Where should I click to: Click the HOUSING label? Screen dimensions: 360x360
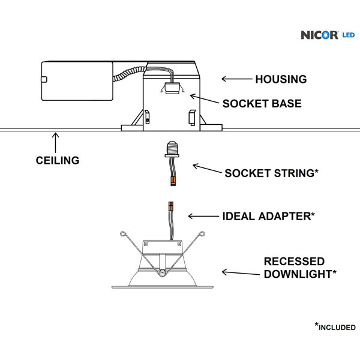coord(281,79)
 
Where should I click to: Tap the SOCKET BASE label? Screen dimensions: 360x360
coord(262,104)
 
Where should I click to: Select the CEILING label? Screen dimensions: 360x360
coord(58,160)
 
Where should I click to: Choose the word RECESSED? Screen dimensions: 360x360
coord(294,262)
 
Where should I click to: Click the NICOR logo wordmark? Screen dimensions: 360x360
coord(319,35)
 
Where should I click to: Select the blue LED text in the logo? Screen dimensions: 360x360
coord(349,35)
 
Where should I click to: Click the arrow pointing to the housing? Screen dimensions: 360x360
coord(237,79)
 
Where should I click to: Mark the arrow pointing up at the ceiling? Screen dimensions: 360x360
coord(55,142)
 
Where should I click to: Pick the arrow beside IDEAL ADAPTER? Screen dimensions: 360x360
coord(203,216)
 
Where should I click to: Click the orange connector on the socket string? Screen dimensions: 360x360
coord(173,181)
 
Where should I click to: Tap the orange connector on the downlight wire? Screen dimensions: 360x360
coord(171,206)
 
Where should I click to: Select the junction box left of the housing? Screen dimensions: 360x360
coord(77,81)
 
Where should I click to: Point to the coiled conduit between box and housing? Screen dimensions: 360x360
coord(129,73)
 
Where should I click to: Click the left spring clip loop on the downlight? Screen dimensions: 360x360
coord(123,234)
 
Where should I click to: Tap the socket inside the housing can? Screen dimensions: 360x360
coord(172,88)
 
